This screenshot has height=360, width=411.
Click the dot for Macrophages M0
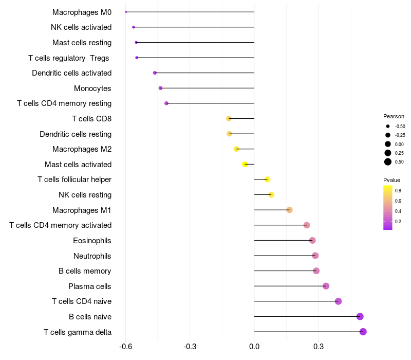(x=126, y=12)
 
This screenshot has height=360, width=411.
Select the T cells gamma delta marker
(x=363, y=332)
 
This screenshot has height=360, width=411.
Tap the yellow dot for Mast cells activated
(x=245, y=164)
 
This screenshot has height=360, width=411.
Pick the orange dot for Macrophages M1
(x=289, y=210)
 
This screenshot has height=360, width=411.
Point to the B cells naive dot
(x=360, y=316)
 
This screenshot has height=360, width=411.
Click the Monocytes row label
(x=92, y=88)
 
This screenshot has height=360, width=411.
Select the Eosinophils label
(x=92, y=241)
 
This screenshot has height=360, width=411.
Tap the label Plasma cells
(x=89, y=286)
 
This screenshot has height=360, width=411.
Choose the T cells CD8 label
(x=92, y=119)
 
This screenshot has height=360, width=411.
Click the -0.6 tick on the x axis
(x=125, y=347)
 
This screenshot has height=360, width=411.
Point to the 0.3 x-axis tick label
(x=319, y=347)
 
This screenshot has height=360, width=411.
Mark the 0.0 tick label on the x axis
(x=254, y=347)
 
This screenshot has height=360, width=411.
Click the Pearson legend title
(x=394, y=116)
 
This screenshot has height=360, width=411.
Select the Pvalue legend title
(x=391, y=180)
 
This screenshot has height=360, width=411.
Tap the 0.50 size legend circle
(x=388, y=162)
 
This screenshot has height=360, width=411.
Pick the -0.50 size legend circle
(x=388, y=126)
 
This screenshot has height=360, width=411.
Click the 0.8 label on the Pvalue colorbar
(x=398, y=190)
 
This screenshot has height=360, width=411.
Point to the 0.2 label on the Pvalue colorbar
(x=398, y=222)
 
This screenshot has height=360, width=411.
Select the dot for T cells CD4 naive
(x=338, y=301)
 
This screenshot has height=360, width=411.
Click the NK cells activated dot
(x=134, y=27)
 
